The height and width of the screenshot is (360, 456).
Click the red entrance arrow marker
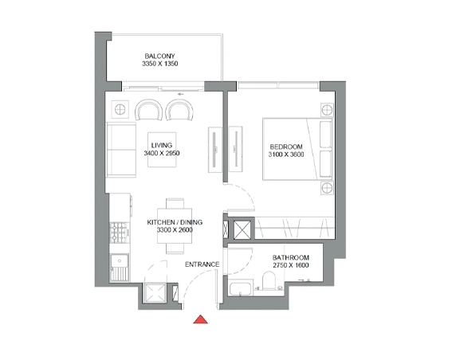click(202, 320)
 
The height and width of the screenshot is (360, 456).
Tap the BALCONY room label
click(159, 56)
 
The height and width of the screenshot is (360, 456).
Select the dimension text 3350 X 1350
click(159, 64)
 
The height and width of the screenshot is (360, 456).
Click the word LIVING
click(162, 145)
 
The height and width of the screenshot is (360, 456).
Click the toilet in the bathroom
click(270, 281)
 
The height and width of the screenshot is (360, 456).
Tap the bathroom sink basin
click(238, 288)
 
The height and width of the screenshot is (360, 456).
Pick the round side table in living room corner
click(120, 108)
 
